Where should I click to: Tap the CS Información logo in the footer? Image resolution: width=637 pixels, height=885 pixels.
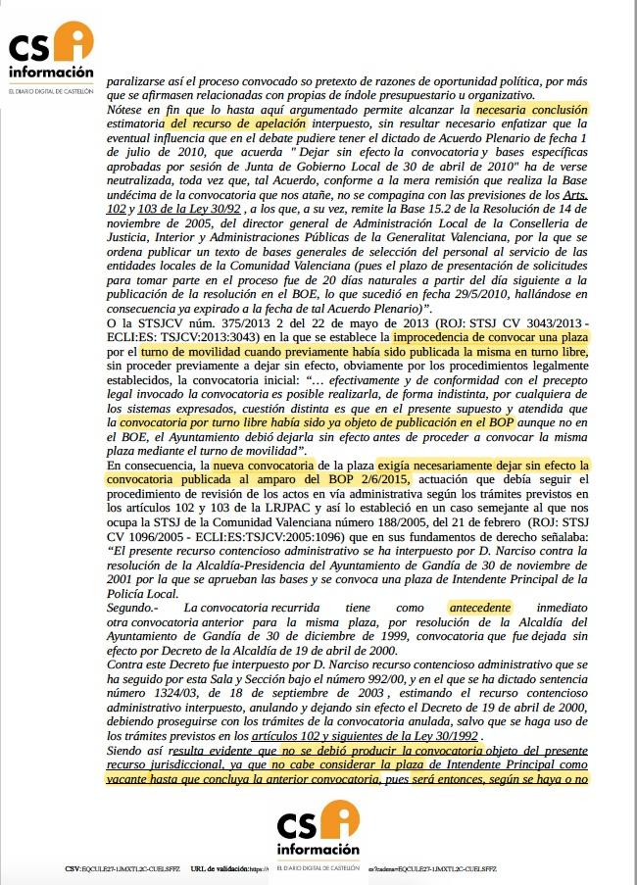pos(318,833)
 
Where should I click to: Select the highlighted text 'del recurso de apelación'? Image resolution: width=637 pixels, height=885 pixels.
pos(227,125)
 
